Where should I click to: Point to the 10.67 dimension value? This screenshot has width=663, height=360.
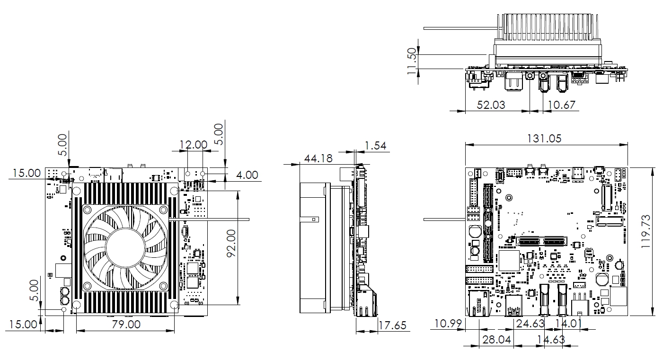click(562, 105)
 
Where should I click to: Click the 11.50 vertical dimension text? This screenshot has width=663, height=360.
click(413, 61)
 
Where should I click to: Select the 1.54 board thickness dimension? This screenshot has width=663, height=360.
click(376, 146)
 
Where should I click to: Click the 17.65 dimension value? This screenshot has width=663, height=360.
click(393, 325)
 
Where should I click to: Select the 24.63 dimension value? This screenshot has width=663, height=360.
click(530, 324)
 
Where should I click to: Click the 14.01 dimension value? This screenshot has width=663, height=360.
click(568, 324)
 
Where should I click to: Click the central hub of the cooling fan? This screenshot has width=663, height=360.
click(124, 246)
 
